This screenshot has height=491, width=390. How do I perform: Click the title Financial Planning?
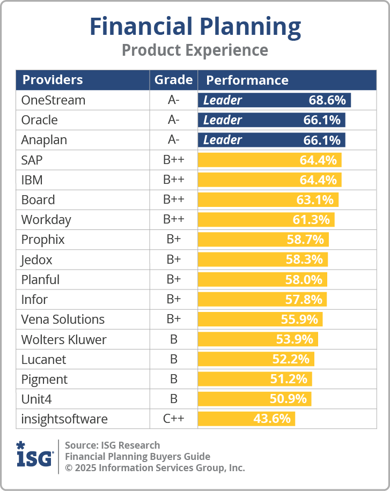point(195,26)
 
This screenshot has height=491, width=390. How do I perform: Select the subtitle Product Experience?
point(195,50)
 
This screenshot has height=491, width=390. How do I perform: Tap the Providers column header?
point(53,80)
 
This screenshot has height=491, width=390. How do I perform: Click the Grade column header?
point(173,80)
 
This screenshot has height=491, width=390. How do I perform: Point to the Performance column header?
point(247,80)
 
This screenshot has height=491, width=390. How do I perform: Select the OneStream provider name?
point(53,100)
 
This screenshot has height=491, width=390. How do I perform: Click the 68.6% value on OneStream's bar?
point(327,100)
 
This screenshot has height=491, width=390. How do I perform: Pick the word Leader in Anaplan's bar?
point(223,140)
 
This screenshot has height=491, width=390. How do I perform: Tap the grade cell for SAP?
point(173,160)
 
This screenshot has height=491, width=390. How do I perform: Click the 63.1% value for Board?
point(315,200)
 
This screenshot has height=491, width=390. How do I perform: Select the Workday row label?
point(46,220)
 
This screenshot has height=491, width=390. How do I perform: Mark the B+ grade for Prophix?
point(173,240)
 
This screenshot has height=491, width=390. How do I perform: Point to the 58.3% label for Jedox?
point(304,259)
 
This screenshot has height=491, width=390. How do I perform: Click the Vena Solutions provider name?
point(63,319)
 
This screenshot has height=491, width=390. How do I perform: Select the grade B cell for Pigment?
point(173,379)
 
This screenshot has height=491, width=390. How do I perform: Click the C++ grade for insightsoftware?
point(173,419)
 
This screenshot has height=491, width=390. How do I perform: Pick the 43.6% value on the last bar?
point(272,419)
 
